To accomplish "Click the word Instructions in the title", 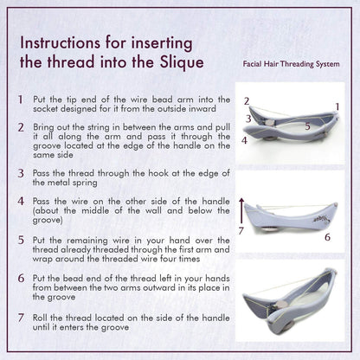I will coord(66,42).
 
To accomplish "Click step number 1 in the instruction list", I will coord(20,100).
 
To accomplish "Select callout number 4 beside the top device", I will coord(244,140).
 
